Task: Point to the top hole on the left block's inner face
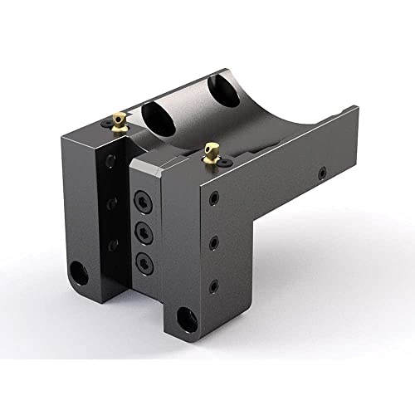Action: coord(110,164)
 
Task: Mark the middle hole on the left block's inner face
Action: coord(112,203)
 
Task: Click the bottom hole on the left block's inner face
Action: coord(113,243)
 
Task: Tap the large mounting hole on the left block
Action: coord(79,271)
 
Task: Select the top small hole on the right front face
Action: coord(214,199)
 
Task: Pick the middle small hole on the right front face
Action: coord(214,242)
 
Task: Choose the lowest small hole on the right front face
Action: coord(214,285)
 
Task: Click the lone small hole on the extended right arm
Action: coord(323,175)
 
